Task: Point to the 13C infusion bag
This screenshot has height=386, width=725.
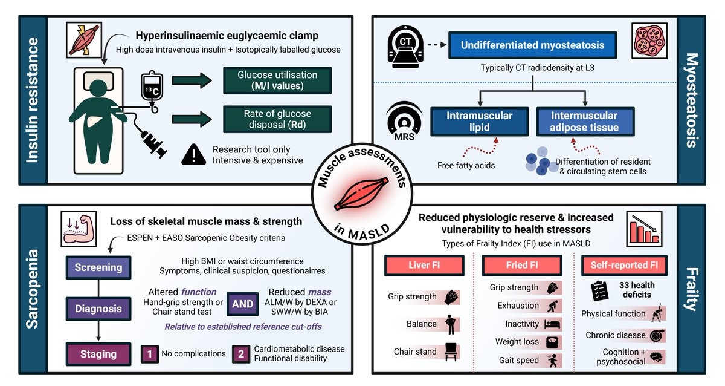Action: (x=151, y=89)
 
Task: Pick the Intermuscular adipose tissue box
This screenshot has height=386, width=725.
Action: (x=585, y=121)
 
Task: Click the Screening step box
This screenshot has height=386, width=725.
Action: (x=98, y=267)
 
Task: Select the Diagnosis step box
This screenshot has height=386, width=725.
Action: (x=98, y=309)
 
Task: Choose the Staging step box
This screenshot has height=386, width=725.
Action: (x=98, y=354)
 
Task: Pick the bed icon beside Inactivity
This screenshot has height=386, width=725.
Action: (x=553, y=324)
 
